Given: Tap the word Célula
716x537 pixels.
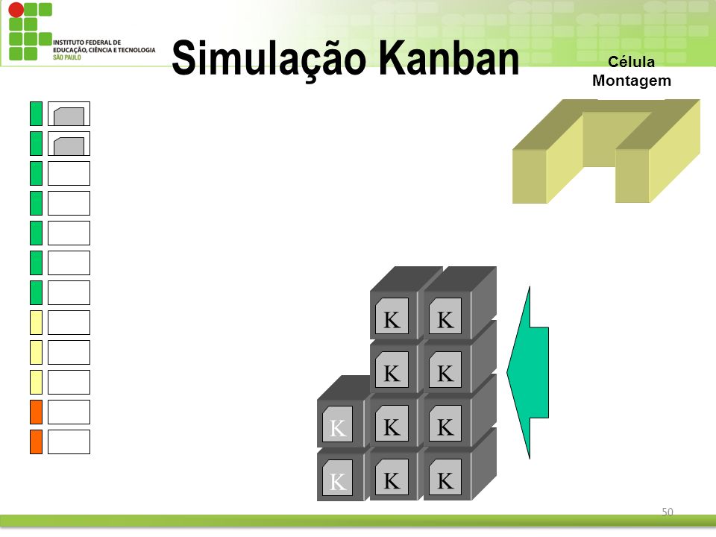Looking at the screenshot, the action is pos(631,62).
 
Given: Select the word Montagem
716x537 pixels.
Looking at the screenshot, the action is pos(632,81).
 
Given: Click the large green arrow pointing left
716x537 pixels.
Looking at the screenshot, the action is pos(528,373).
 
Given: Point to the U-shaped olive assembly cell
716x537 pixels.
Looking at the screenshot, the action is pos(606,151).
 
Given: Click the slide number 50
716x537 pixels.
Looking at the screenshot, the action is pos(667,512).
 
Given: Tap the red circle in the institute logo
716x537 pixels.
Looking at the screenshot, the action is pos(16,10).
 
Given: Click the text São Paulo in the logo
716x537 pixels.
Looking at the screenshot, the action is pos(66,57).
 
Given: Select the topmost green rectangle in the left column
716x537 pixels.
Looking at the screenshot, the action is pos(36,113).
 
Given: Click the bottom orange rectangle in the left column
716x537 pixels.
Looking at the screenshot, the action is pos(36,442).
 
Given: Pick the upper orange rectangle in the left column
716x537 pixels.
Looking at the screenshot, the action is pos(36,412).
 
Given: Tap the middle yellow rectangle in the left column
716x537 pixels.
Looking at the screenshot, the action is pos(36,352).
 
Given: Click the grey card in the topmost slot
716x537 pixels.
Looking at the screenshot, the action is pos(69,116).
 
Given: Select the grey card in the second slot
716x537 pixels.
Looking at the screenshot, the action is pos(69,146).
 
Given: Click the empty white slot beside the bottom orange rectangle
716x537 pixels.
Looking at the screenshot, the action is pos(69,442).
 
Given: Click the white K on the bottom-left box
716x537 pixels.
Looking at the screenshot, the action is pos(337,481).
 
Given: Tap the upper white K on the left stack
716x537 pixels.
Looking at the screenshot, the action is pos(337,428).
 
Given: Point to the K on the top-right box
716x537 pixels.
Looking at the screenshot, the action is pos(445,320).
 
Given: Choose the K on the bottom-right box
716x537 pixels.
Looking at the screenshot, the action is pos(445,480).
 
